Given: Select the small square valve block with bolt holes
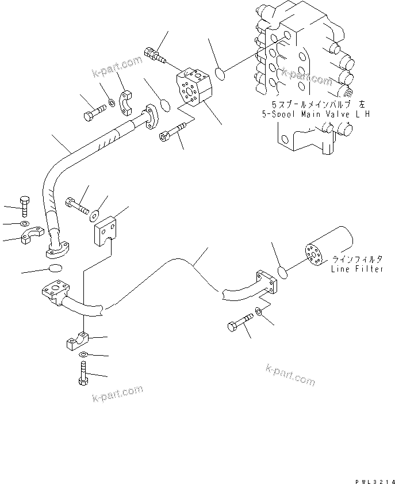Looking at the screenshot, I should pos(194,86).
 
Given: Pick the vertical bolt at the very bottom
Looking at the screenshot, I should pos(83,376).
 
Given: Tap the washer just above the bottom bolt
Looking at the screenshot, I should pos(83,355).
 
